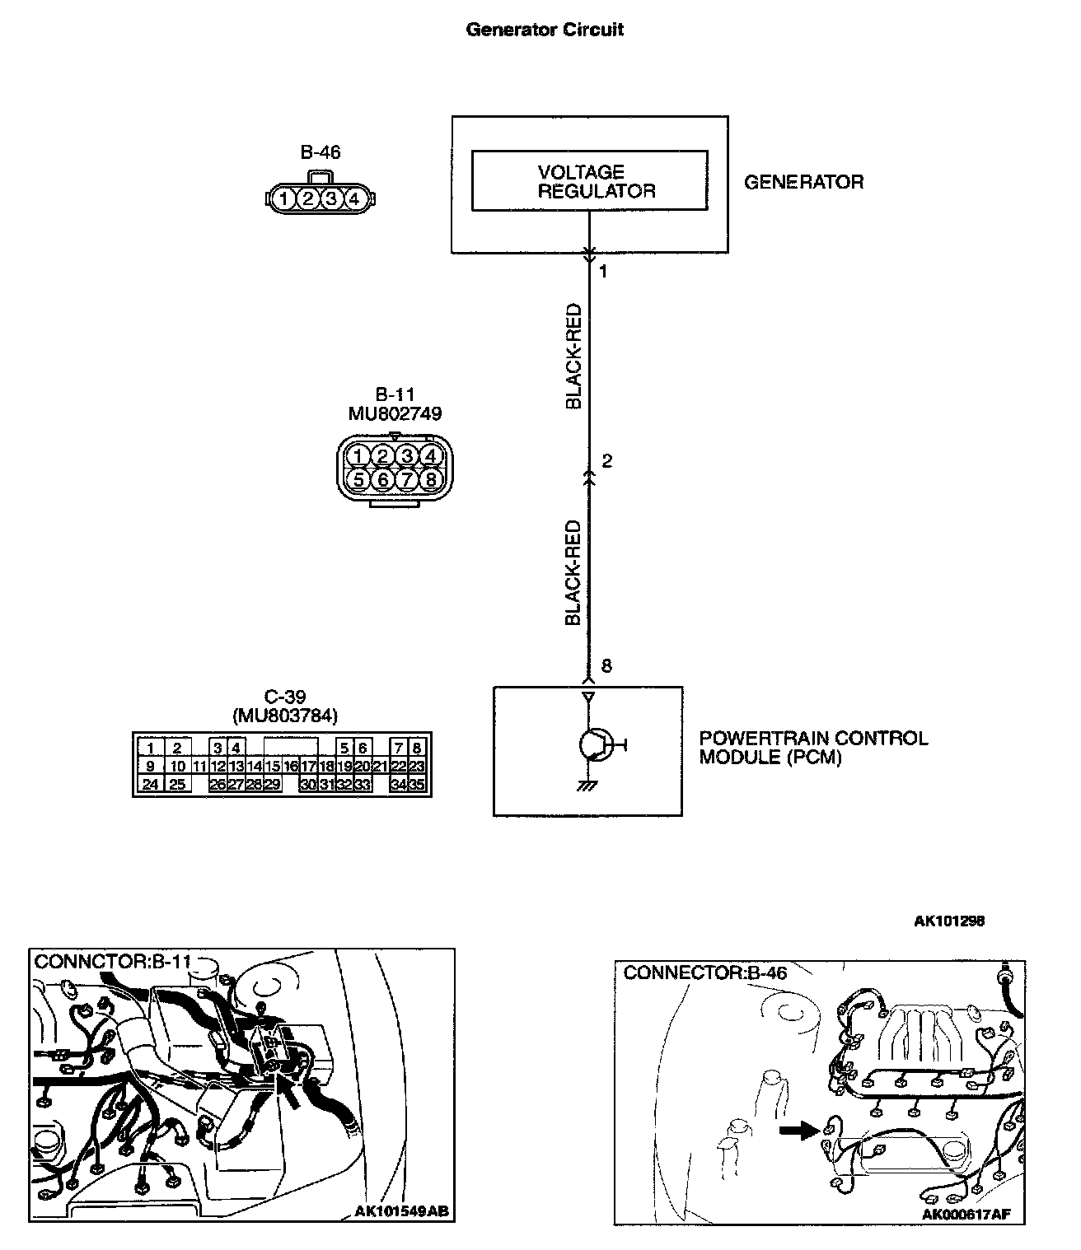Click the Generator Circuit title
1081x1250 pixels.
click(545, 30)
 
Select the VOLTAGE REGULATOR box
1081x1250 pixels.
click(589, 180)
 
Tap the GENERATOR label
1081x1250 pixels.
click(803, 182)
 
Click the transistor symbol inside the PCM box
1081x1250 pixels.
click(593, 744)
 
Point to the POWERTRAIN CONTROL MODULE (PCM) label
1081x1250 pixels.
click(813, 748)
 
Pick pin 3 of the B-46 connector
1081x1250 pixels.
click(330, 198)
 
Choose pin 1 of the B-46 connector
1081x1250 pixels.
click(283, 198)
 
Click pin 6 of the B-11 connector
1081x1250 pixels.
click(381, 478)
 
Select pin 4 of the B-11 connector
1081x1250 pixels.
click(429, 455)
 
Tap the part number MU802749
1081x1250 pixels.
click(395, 413)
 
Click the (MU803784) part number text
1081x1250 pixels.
click(285, 716)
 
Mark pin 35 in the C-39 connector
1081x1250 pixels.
click(417, 785)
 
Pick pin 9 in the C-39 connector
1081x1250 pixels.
click(151, 767)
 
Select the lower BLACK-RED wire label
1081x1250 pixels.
click(574, 571)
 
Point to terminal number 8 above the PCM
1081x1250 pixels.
click(607, 666)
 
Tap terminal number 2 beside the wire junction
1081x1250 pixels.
click(607, 461)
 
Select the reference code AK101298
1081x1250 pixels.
click(948, 921)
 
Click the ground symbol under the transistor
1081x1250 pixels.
click(587, 786)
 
